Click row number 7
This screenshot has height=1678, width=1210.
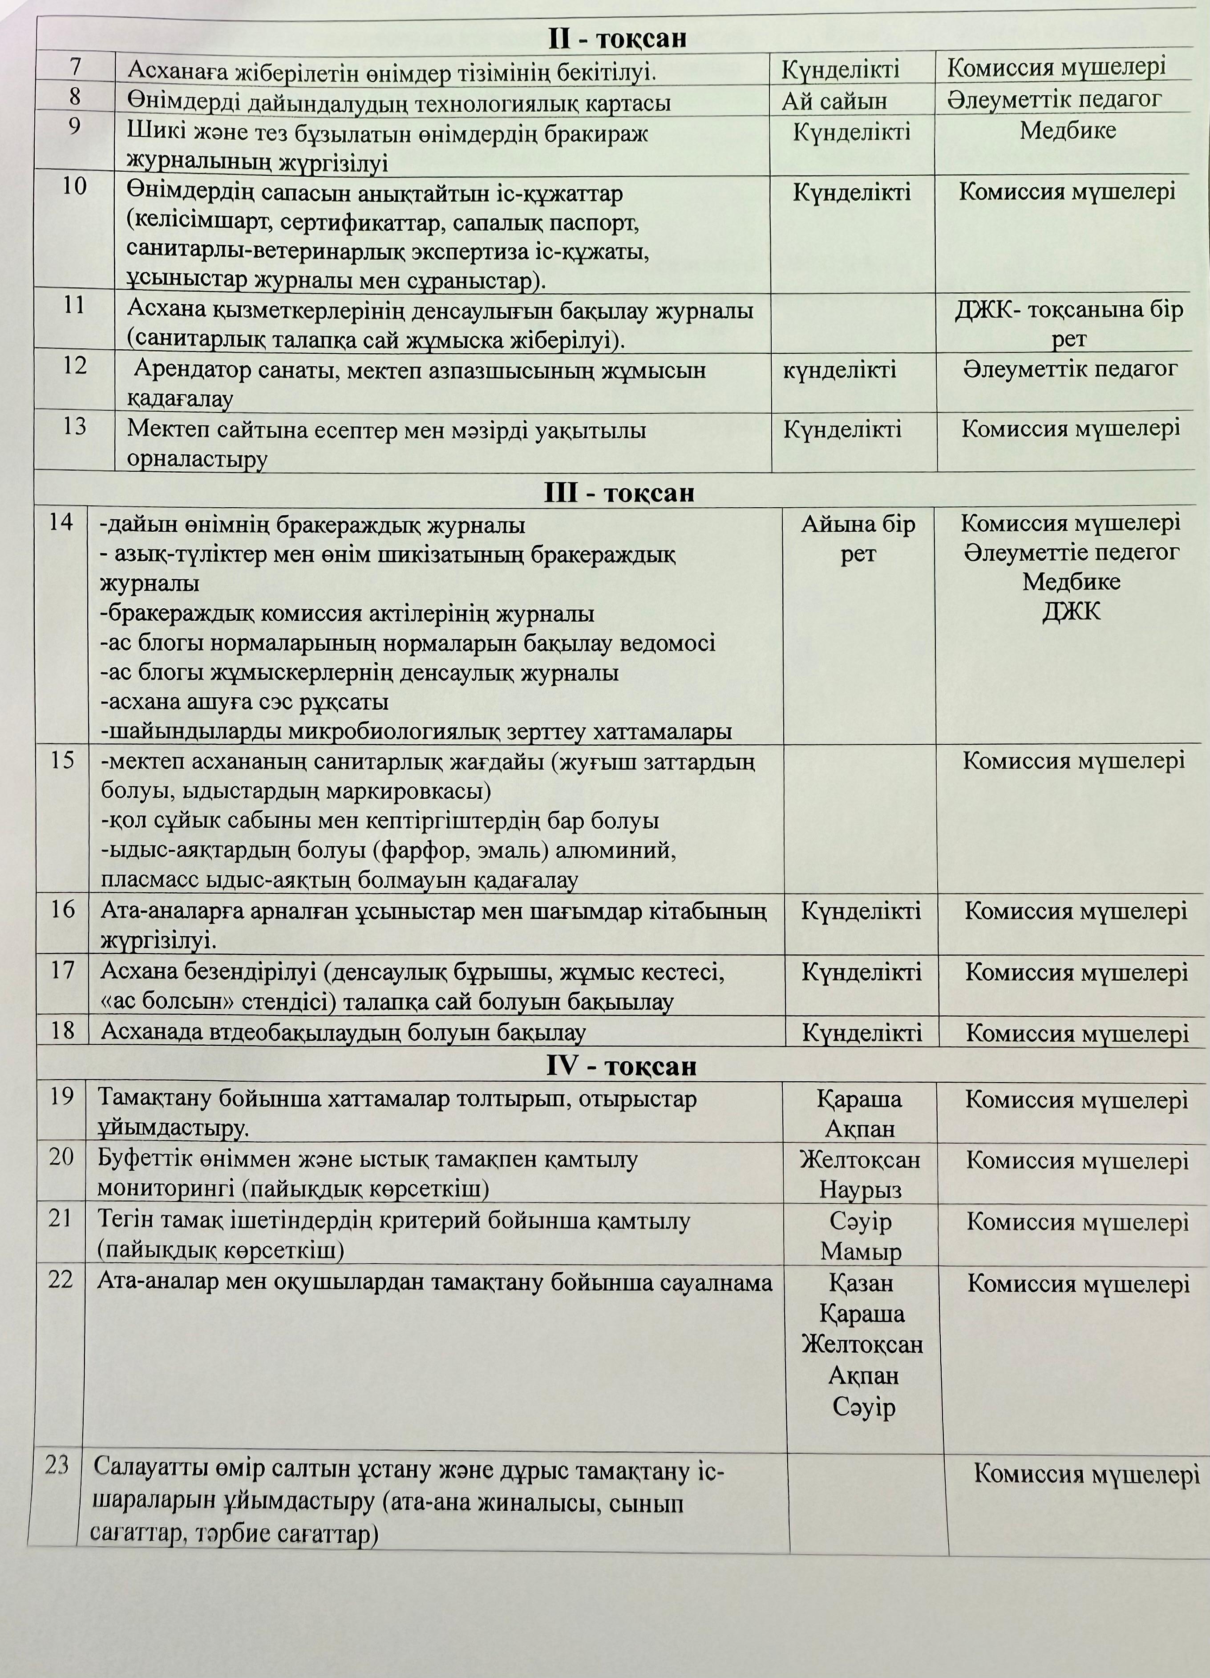76,67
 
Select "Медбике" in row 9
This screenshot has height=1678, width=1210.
1068,131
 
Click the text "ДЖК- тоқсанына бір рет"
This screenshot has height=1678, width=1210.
1068,324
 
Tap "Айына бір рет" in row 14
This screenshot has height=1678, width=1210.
858,538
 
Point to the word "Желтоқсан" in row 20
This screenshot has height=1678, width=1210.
860,1159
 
